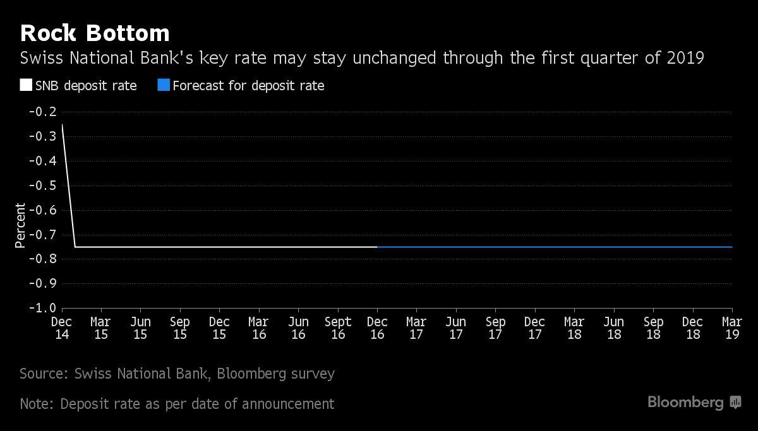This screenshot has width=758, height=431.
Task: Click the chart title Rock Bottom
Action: (95, 33)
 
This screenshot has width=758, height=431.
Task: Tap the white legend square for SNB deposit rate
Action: (26, 85)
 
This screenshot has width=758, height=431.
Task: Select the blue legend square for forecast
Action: (164, 85)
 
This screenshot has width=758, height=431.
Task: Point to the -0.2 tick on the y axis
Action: (43, 112)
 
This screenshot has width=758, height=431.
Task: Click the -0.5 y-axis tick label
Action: (43, 186)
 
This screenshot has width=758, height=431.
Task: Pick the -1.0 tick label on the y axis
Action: (43, 308)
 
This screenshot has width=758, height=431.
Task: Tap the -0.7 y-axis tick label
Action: (43, 234)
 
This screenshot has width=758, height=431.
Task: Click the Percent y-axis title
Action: (20, 225)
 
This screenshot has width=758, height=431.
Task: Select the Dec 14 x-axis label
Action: (62, 328)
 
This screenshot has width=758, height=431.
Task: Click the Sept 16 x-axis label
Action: (338, 328)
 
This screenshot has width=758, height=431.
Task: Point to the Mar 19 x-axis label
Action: (732, 328)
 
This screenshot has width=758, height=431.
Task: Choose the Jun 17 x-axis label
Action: (456, 328)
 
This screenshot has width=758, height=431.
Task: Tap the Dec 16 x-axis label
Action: (377, 328)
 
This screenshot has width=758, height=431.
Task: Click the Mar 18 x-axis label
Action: (574, 328)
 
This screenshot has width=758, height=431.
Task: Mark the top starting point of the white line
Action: (63, 124)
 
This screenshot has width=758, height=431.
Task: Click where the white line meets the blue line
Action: (377, 247)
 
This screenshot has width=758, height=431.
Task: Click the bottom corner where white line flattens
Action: (75, 247)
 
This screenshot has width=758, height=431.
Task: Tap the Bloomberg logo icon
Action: (735, 402)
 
